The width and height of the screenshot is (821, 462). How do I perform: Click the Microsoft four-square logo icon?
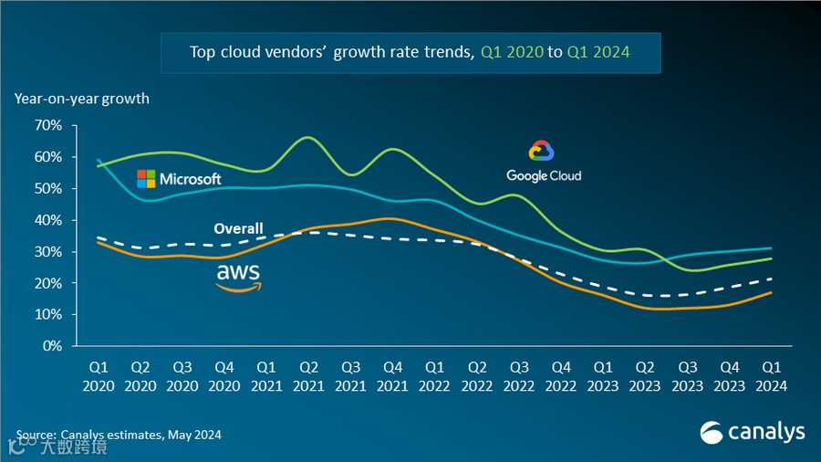(146, 178)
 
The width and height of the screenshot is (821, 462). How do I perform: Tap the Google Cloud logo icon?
(542, 152)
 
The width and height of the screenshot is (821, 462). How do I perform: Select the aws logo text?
(238, 272)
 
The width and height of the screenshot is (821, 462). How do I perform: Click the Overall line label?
(238, 228)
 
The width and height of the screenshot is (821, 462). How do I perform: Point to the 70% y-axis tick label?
(47, 125)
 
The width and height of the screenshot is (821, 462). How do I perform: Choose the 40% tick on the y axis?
(47, 220)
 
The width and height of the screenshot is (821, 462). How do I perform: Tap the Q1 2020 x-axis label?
(99, 375)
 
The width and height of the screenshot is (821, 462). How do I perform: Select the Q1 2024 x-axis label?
(771, 375)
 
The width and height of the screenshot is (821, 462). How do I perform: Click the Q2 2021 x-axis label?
(308, 375)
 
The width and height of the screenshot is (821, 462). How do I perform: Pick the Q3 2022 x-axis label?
(519, 375)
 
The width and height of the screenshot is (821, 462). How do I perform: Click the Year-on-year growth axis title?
(81, 98)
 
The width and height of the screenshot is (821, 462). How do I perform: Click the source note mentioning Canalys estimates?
(119, 435)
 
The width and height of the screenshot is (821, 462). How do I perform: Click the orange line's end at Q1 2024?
(771, 292)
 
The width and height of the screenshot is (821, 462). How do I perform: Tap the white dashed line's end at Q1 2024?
(771, 278)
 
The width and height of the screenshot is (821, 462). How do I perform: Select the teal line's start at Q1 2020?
(99, 160)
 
